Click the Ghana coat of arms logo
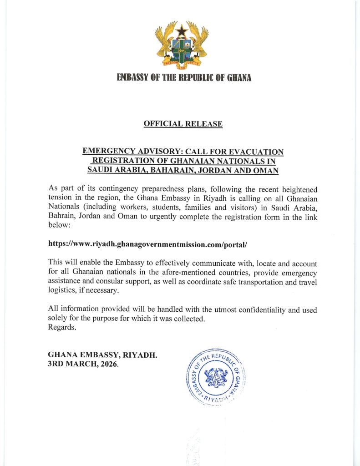tap(182, 46)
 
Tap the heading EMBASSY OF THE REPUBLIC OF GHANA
tap(184, 78)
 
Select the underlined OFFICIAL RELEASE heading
tap(183, 123)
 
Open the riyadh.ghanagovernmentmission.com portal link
tap(147, 244)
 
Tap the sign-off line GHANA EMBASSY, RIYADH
tap(103, 355)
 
